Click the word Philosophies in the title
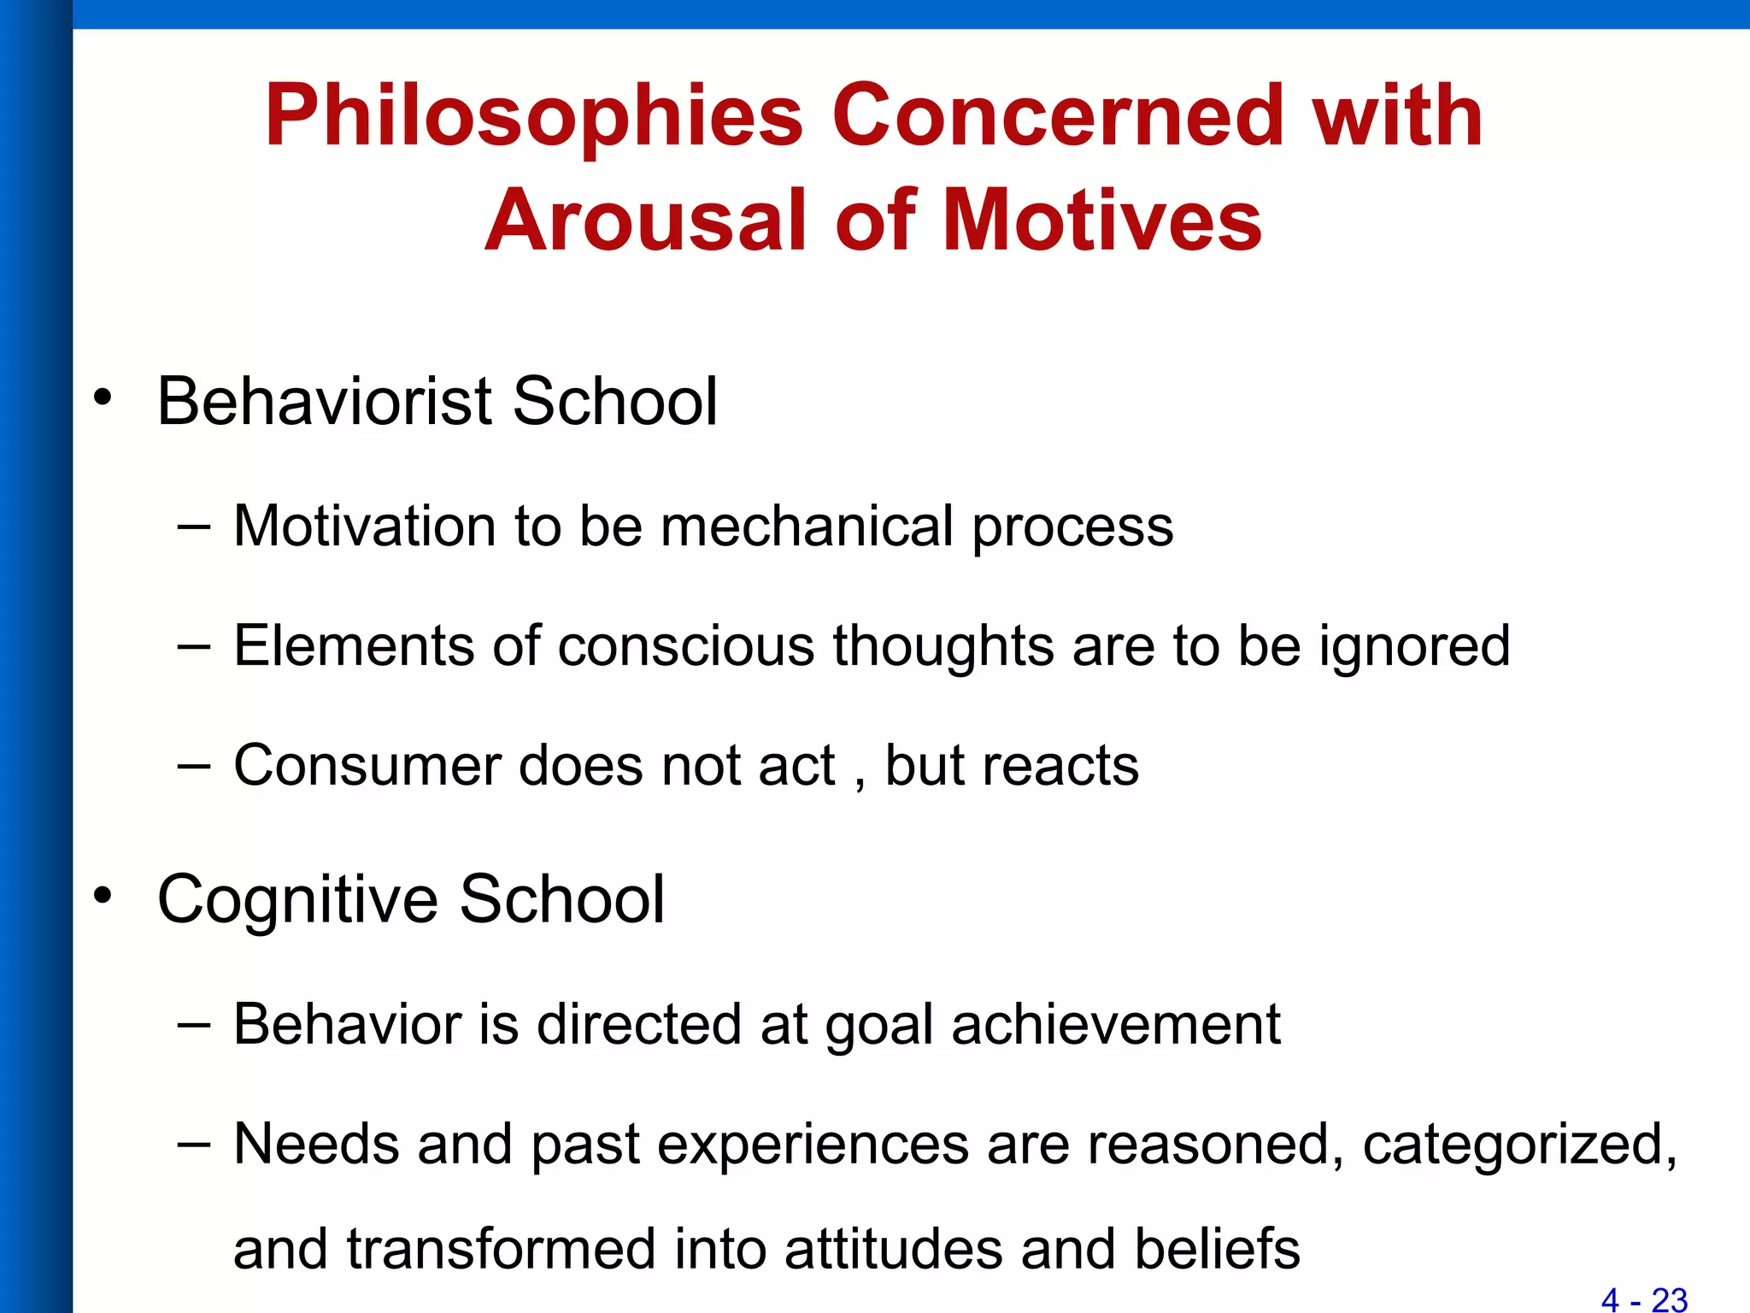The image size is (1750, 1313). [x=534, y=117]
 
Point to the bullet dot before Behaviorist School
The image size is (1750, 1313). [x=103, y=397]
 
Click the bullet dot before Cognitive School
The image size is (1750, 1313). [x=103, y=895]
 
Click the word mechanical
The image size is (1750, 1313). [x=807, y=526]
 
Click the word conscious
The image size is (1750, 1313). [x=686, y=645]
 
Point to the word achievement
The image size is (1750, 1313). [x=1116, y=1024]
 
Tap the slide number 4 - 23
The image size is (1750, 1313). [x=1644, y=1299]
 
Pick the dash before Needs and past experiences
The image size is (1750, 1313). [x=193, y=1144]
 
